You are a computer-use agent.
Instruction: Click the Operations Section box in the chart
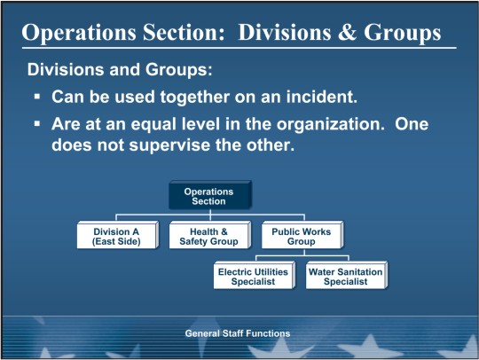[x=210, y=195]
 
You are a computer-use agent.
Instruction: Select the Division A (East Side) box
[x=118, y=235]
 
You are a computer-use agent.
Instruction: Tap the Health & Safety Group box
[x=210, y=235]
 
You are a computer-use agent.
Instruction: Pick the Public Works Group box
[x=302, y=235]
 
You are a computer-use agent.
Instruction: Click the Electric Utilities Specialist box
[x=255, y=275]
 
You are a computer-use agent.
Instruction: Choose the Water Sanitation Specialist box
[x=347, y=275]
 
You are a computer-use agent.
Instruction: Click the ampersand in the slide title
[x=347, y=33]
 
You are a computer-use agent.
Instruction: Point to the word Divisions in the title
[x=285, y=33]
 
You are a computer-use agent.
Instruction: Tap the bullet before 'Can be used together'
[x=37, y=97]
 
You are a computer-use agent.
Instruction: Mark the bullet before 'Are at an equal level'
[x=37, y=124]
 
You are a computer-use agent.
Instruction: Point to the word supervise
[x=169, y=145]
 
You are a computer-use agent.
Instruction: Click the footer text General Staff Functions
[x=238, y=333]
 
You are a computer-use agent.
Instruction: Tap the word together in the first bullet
[x=195, y=98]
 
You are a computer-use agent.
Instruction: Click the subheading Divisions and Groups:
[x=120, y=70]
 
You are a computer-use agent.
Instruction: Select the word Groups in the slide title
[x=403, y=33]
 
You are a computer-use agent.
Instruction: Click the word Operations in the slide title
[x=79, y=33]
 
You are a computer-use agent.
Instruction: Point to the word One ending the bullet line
[x=412, y=124]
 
